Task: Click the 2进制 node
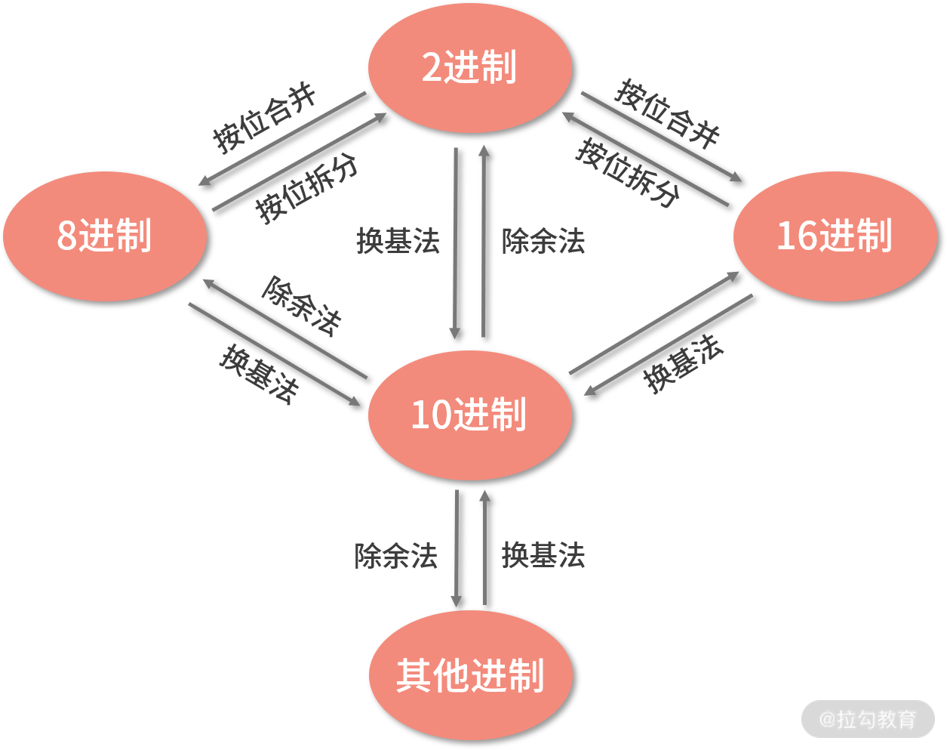pyautogui.click(x=469, y=68)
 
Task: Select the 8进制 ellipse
pyautogui.click(x=105, y=236)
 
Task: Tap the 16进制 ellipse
pyautogui.click(x=835, y=236)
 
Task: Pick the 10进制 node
pyautogui.click(x=469, y=415)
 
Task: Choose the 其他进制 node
pyautogui.click(x=470, y=674)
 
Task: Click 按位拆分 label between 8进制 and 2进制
pyautogui.click(x=306, y=189)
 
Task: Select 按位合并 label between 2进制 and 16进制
pyautogui.click(x=667, y=113)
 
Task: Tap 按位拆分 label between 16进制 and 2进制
pyautogui.click(x=628, y=173)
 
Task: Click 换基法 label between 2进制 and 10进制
pyautogui.click(x=398, y=242)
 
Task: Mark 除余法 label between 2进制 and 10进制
pyautogui.click(x=543, y=242)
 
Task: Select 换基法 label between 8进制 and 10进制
pyautogui.click(x=259, y=374)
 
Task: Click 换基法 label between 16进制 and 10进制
pyautogui.click(x=683, y=364)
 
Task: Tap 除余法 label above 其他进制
pyautogui.click(x=396, y=557)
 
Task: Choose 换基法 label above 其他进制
pyautogui.click(x=543, y=555)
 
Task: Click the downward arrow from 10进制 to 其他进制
pyautogui.click(x=457, y=548)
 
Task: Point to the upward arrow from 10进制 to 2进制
pyautogui.click(x=484, y=242)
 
